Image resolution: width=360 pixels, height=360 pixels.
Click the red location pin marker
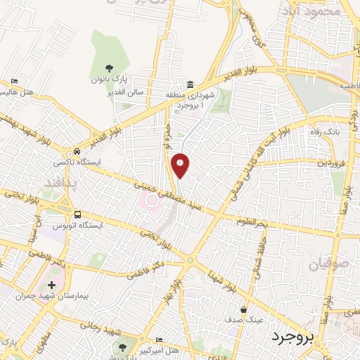[x=181, y=165]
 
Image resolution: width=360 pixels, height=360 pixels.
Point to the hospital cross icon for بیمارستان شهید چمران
[x=51, y=285]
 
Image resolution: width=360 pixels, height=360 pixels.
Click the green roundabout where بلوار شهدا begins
[x=189, y=260]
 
